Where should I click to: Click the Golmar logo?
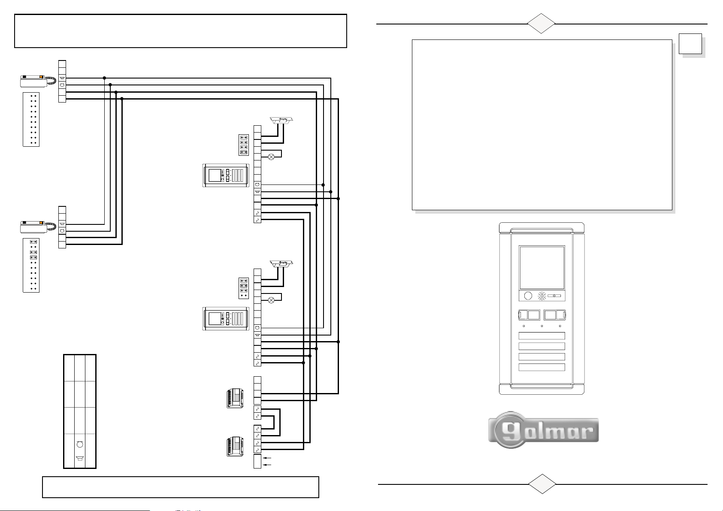point(543,430)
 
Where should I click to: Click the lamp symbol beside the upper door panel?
point(271,157)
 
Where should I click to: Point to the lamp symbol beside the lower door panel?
point(271,300)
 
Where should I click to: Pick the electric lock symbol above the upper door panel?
point(281,121)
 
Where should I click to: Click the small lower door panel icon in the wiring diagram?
point(225,319)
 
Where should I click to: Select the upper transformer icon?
point(235,399)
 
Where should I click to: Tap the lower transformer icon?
point(235,447)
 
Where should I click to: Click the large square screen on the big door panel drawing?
point(541,267)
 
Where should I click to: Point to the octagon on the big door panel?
point(529,296)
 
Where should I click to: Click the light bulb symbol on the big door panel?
point(542,296)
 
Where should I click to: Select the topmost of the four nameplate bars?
point(541,336)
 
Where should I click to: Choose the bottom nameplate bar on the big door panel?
point(541,367)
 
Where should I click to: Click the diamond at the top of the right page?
point(541,24)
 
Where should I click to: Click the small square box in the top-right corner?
point(691,44)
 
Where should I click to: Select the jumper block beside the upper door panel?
point(244,145)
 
